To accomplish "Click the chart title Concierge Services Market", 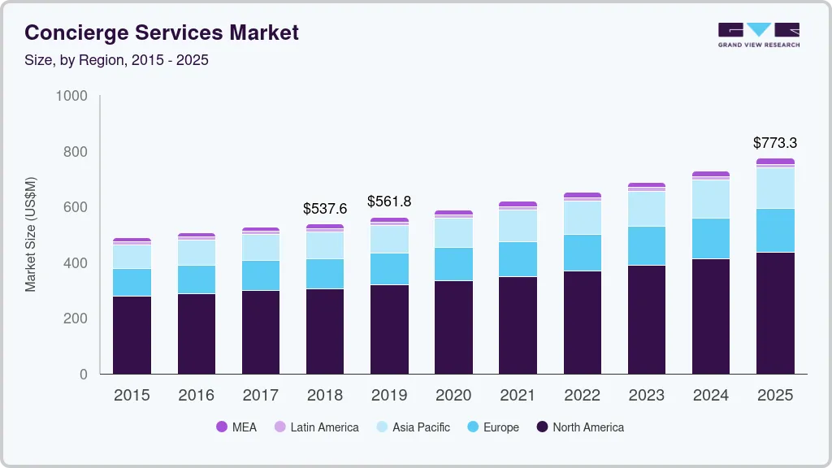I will pos(162,32).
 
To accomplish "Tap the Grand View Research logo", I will pos(758,34).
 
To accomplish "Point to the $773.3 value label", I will pos(774,143).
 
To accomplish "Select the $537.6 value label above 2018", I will pos(324,209).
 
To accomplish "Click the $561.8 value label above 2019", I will pos(388,201).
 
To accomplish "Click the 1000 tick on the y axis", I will pos(71,96).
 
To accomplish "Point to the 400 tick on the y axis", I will pos(75,263).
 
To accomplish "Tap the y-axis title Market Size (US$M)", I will pos(31,234).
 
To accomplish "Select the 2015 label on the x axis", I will pos(132,396).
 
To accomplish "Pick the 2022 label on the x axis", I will pos(582,396).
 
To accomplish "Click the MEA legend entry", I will pos(236,427).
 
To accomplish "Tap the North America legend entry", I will pos(580,427).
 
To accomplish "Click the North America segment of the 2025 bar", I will pos(774,313).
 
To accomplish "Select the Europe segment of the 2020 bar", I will pos(453,264).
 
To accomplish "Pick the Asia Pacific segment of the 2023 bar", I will pos(646,209).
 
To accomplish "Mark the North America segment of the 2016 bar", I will pos(196,334).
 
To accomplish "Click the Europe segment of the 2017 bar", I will pos(260,275).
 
